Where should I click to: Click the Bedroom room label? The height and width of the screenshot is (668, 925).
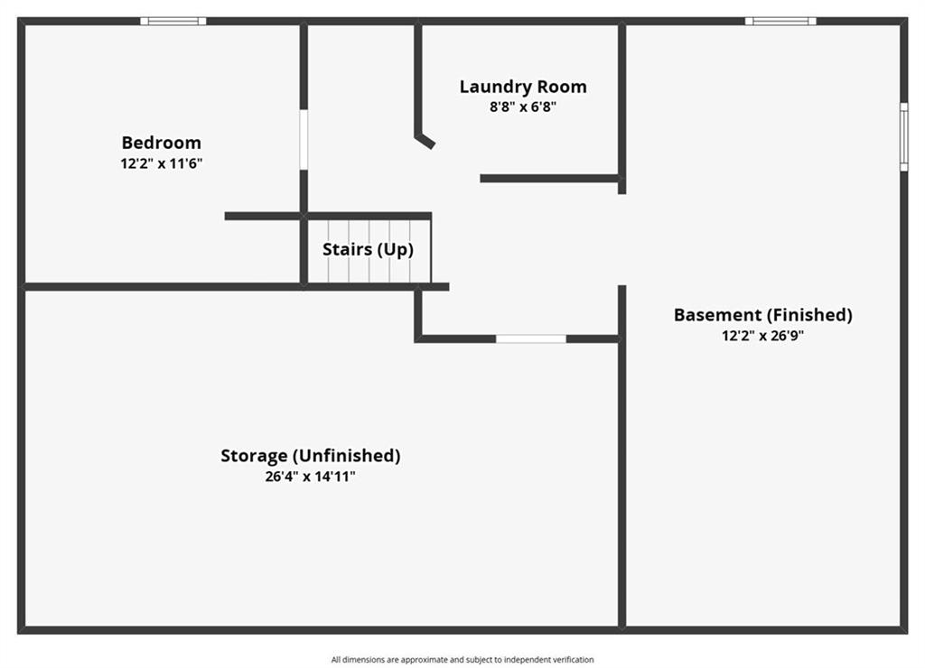pos(161,143)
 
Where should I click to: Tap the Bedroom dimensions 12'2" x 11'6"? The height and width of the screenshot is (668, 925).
pos(161,163)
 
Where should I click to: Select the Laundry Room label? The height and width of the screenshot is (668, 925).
pos(523,88)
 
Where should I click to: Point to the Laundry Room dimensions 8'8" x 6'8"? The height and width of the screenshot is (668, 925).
pos(523,107)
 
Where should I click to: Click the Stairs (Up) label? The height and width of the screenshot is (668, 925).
pos(368,249)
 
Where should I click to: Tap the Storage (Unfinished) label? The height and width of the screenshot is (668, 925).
pos(311,456)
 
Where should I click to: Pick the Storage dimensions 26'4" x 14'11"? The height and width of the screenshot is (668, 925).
pos(311,477)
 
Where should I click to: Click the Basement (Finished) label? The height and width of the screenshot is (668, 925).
pos(762,315)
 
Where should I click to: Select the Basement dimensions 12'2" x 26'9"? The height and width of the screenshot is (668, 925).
pos(762,336)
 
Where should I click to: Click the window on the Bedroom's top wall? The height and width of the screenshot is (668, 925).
pos(173,22)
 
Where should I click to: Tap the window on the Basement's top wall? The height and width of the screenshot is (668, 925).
pos(780,22)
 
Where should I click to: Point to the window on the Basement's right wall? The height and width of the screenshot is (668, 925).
pos(903,137)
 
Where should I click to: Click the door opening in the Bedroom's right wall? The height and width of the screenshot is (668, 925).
pos(304,140)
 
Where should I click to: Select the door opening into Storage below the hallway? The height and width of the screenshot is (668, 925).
pos(531,339)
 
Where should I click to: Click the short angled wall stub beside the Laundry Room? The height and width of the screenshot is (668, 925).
pos(425,142)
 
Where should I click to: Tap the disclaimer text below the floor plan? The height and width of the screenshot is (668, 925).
pos(462,660)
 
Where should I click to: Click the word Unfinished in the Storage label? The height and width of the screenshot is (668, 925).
pos(347,456)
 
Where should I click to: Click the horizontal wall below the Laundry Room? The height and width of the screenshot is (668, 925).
pos(551,179)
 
